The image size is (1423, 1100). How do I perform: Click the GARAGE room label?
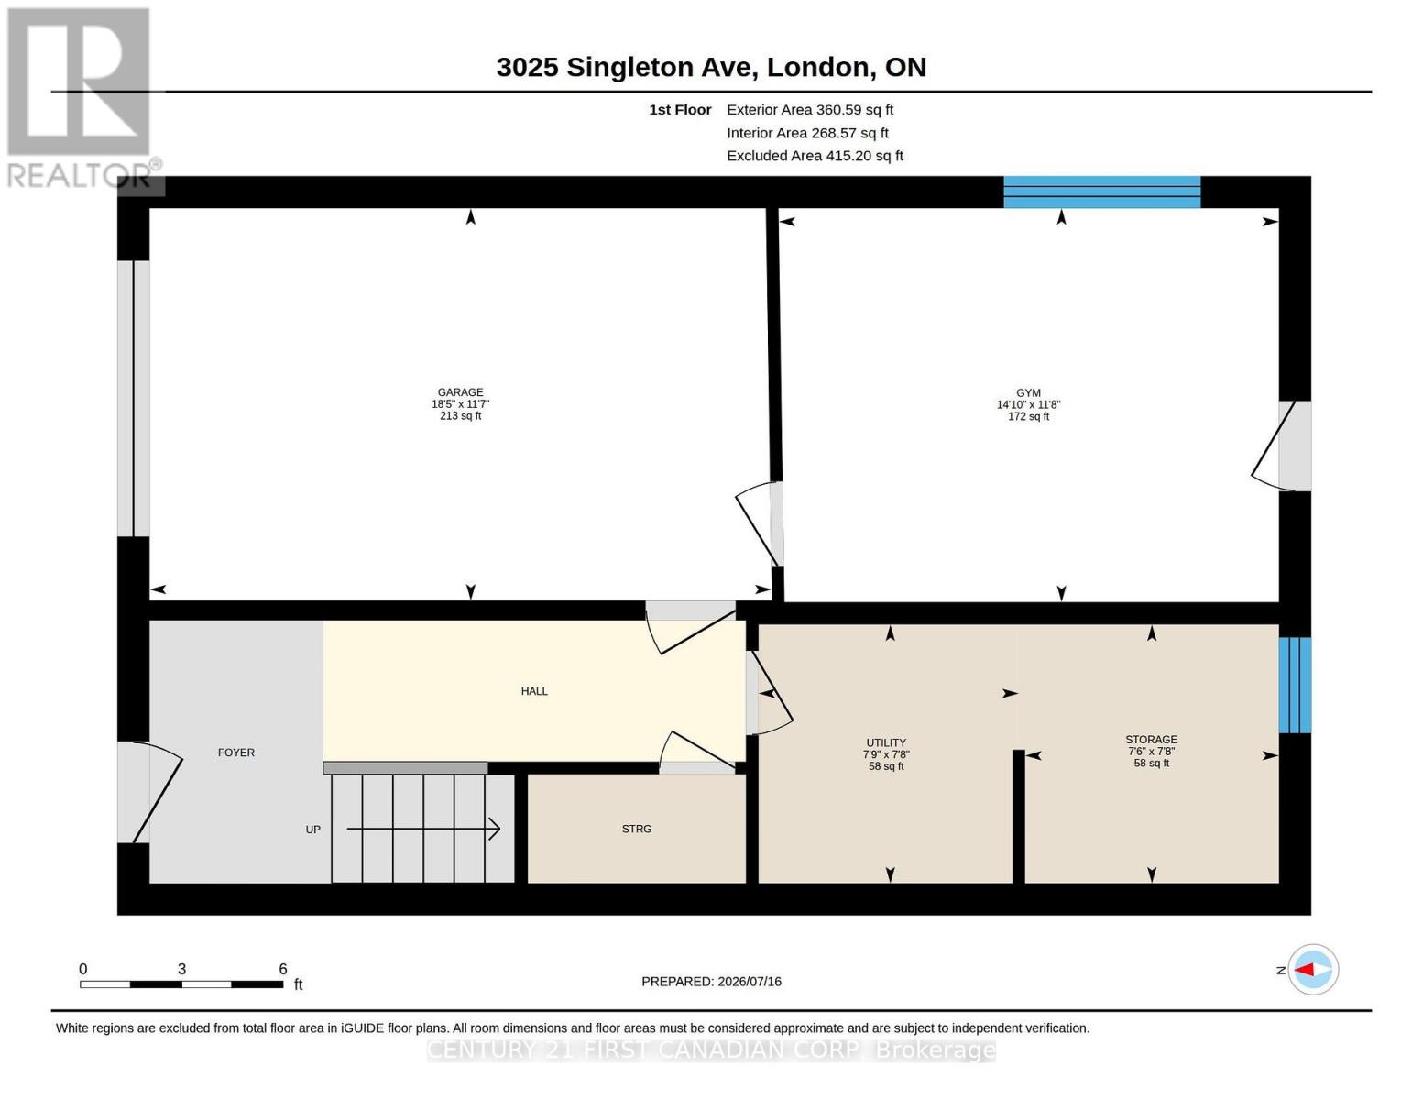(x=460, y=391)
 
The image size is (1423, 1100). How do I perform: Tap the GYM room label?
(x=1027, y=392)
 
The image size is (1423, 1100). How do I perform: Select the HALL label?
(x=533, y=690)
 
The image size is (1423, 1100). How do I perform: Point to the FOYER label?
(x=235, y=752)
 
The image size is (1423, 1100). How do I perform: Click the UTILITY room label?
(x=886, y=742)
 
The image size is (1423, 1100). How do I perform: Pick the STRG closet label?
(x=636, y=828)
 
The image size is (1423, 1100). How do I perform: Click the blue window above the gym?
(x=1101, y=192)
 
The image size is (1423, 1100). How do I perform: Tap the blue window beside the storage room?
(x=1294, y=685)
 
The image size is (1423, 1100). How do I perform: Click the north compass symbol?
(x=1312, y=969)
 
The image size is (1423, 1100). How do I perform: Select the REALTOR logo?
(x=79, y=98)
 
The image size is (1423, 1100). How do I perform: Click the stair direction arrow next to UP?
(x=423, y=829)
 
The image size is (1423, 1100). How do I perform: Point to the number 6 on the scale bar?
(x=283, y=968)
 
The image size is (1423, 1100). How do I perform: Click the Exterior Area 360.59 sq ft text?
(x=809, y=109)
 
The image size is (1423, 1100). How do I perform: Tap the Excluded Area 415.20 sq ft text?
(x=815, y=155)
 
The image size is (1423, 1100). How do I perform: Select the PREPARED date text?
(x=711, y=981)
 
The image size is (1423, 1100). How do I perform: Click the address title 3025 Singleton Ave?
(x=627, y=67)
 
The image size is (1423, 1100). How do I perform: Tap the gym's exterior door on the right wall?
(x=1279, y=445)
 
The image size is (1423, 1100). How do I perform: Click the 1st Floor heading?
(x=680, y=109)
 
